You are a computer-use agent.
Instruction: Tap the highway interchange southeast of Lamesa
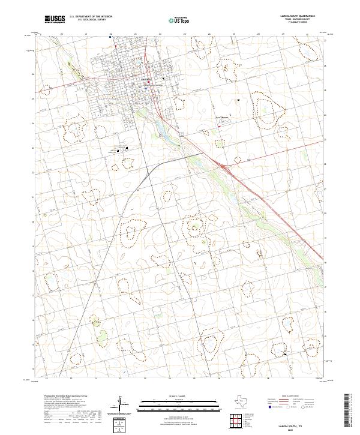223,166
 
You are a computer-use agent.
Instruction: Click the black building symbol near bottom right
285,354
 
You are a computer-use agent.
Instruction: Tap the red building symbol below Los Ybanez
220,126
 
